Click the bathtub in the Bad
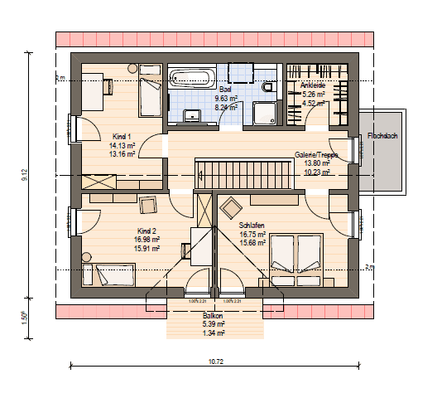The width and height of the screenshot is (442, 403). click(x=191, y=79)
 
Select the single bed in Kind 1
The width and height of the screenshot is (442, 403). click(x=150, y=97)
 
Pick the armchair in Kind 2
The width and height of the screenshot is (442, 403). click(x=149, y=206)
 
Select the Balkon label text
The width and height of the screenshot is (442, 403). click(x=214, y=316)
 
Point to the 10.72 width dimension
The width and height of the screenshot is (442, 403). click(x=215, y=362)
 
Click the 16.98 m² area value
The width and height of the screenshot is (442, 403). click(x=147, y=239)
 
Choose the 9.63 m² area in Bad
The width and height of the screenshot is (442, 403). click(x=227, y=99)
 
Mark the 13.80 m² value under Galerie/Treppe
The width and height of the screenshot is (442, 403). click(x=314, y=164)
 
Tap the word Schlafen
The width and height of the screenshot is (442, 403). click(x=252, y=226)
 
